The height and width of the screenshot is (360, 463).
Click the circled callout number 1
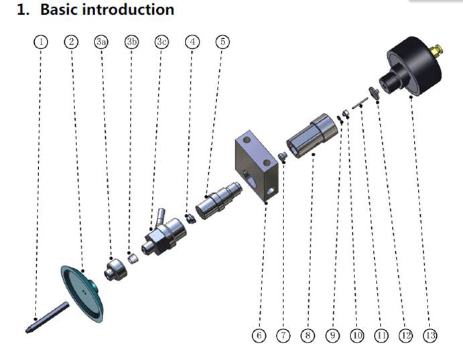(x=42, y=42)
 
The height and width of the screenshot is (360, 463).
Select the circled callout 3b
(x=131, y=42)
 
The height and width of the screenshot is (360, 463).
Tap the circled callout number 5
(x=224, y=42)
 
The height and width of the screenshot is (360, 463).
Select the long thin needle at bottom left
(x=48, y=317)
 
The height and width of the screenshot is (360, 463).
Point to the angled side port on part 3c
(x=159, y=216)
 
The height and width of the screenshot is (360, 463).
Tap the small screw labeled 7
(x=282, y=156)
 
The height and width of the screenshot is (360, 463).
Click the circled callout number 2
(x=72, y=42)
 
